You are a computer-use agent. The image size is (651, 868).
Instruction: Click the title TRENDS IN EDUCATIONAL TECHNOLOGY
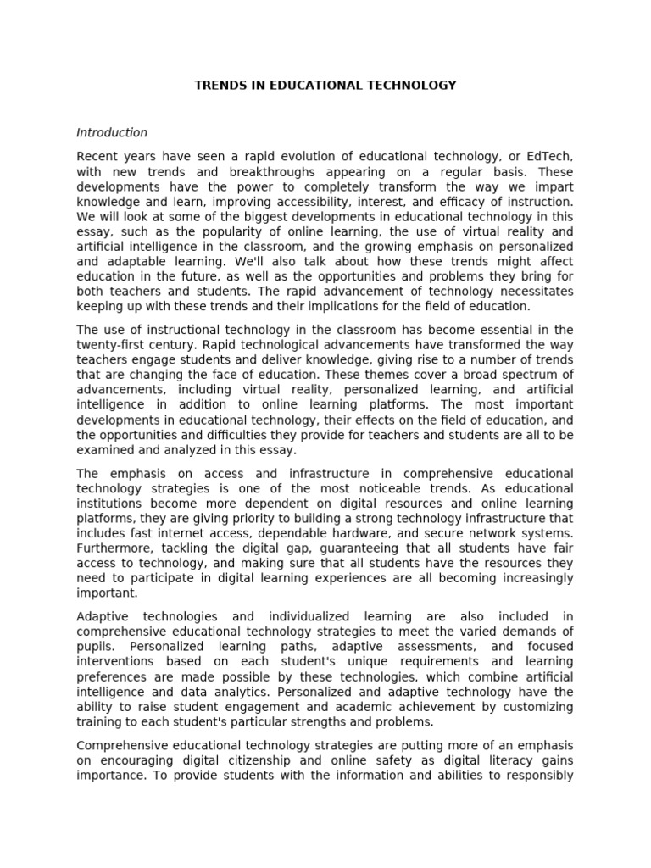coord(325,86)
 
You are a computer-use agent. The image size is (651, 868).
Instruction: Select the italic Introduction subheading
coord(112,132)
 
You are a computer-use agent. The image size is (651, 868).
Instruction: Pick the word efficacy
coord(454,202)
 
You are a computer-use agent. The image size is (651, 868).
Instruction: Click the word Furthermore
coord(111,548)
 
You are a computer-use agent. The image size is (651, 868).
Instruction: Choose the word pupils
coord(93,646)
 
